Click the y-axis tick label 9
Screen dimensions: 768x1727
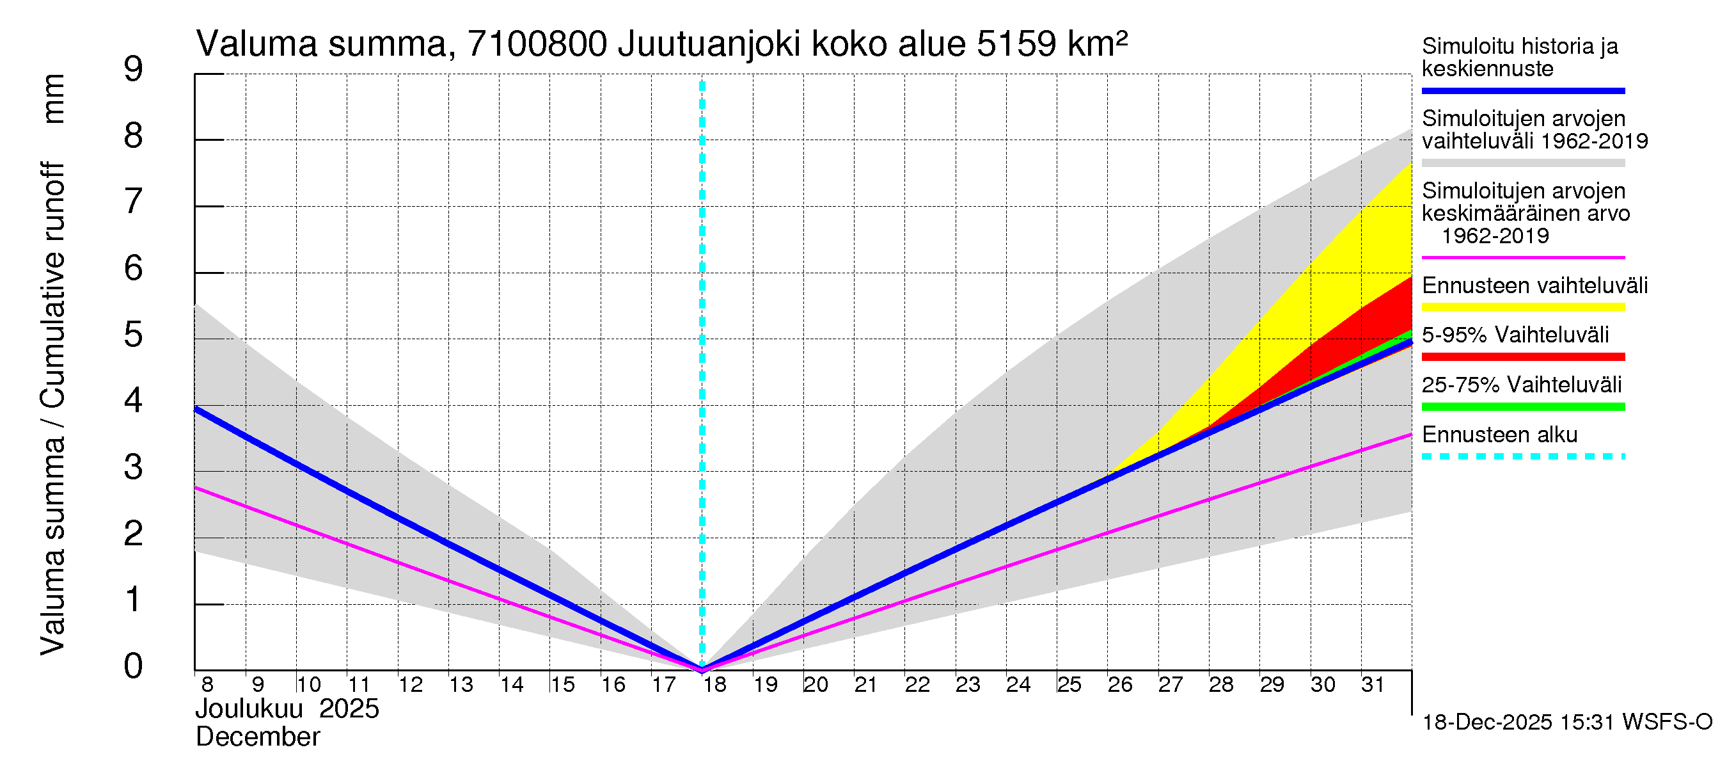[134, 70]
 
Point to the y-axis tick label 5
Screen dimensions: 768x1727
[134, 335]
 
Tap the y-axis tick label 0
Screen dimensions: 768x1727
[134, 666]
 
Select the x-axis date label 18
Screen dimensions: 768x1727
[714, 685]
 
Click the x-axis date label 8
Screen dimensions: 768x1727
[207, 685]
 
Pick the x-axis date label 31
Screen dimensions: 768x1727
[1373, 685]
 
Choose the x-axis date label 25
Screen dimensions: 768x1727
[1069, 685]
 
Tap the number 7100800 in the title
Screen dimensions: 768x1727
[537, 44]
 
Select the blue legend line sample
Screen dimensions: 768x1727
[1523, 90]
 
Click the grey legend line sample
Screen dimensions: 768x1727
[1523, 163]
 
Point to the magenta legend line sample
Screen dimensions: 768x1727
[1523, 257]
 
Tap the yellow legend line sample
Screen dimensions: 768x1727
[1523, 307]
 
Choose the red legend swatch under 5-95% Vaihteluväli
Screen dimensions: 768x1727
[1523, 357]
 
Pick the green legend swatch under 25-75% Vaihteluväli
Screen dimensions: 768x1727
[1523, 406]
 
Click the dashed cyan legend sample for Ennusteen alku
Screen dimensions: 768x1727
[1523, 457]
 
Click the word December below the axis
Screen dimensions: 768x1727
[257, 737]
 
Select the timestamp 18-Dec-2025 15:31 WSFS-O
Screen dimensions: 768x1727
[1566, 723]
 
